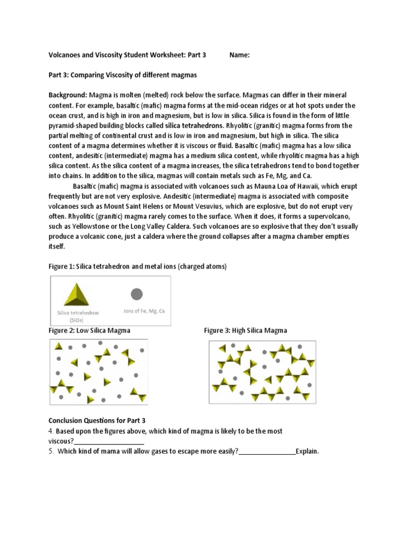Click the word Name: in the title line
tap(239, 55)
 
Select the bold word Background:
tap(68, 95)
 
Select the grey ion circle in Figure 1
tap(137, 294)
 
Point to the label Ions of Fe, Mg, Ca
tap(144, 311)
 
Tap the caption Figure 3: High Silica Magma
tap(246, 330)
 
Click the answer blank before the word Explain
tap(267, 451)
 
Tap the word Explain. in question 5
tap(308, 451)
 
